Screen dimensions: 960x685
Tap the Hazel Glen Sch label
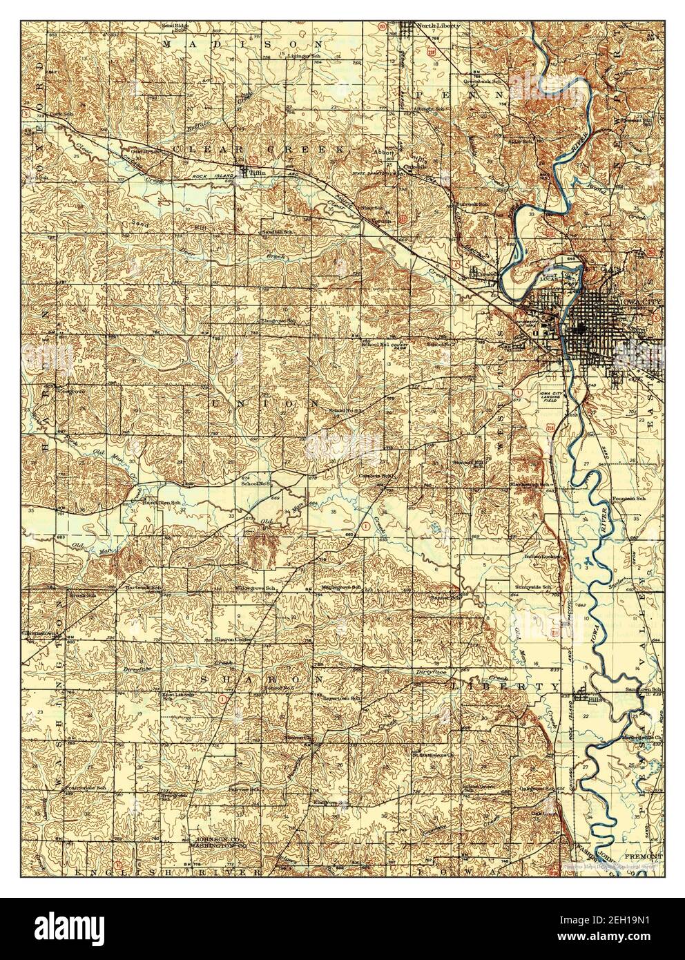coord(153,503)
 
